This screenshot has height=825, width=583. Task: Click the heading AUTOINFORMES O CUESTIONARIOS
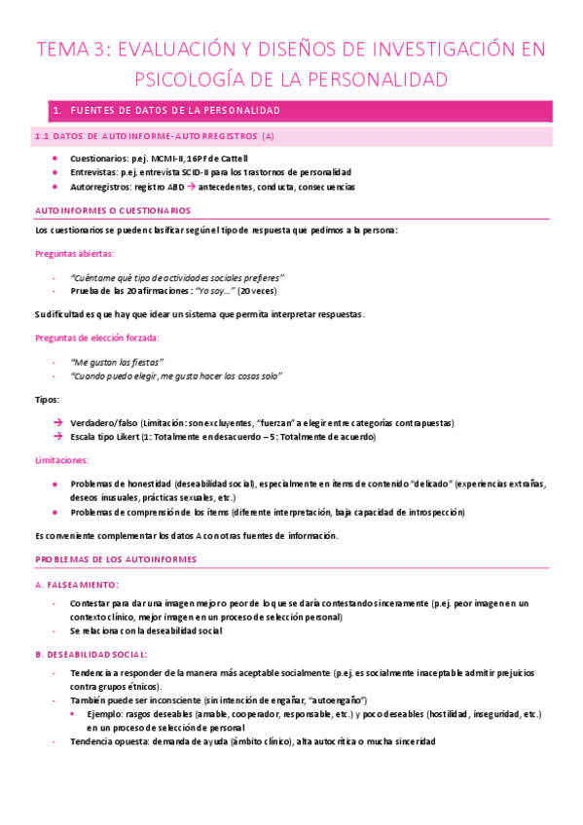(112, 210)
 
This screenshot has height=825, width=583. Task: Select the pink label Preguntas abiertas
(75, 253)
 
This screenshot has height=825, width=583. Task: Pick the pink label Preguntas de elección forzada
(96, 337)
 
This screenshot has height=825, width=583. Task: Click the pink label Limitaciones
(59, 460)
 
